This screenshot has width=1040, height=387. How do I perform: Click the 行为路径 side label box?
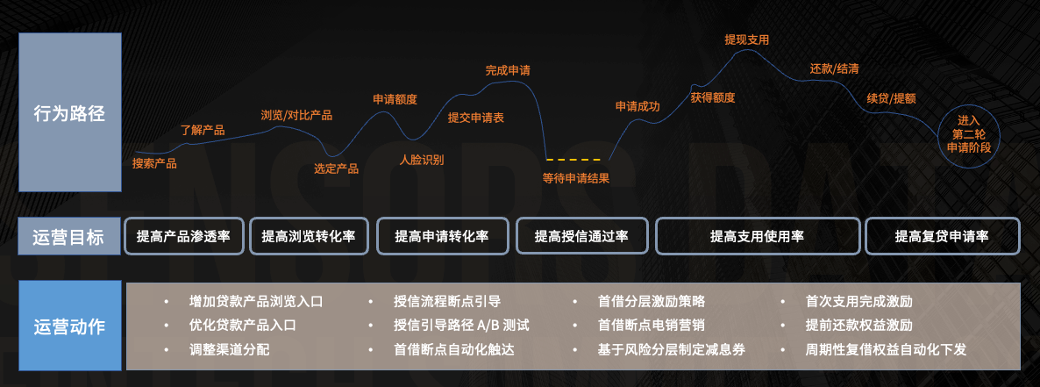(x=69, y=112)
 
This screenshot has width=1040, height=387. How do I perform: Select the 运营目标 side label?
(x=69, y=236)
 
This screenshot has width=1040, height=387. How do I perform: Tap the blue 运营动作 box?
(x=69, y=326)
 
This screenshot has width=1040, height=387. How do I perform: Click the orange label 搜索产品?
(x=154, y=163)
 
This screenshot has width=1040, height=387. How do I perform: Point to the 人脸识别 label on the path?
(x=422, y=160)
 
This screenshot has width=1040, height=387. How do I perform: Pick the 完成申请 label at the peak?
(x=508, y=69)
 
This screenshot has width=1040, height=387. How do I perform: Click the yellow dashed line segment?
(x=573, y=160)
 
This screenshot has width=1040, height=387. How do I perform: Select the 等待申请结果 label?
(x=576, y=178)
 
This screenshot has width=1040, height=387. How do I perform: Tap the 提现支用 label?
(x=747, y=39)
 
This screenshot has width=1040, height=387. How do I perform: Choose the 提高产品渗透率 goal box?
(x=183, y=236)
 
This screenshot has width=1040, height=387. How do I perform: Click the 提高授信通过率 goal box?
(x=581, y=236)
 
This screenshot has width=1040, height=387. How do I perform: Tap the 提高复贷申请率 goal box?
(x=942, y=236)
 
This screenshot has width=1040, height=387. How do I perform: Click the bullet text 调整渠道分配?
(x=230, y=350)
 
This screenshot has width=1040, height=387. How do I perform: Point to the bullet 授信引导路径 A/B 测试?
(x=461, y=326)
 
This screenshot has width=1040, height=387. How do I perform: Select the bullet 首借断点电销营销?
(x=652, y=326)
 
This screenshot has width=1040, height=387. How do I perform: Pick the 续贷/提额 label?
(x=892, y=98)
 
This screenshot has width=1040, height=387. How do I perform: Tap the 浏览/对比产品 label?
(x=296, y=115)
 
